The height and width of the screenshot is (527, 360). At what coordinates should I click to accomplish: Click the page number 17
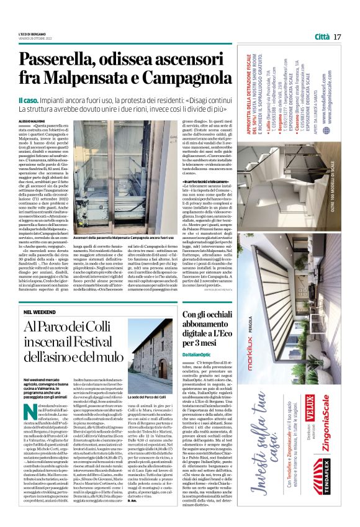coord(337,37)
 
